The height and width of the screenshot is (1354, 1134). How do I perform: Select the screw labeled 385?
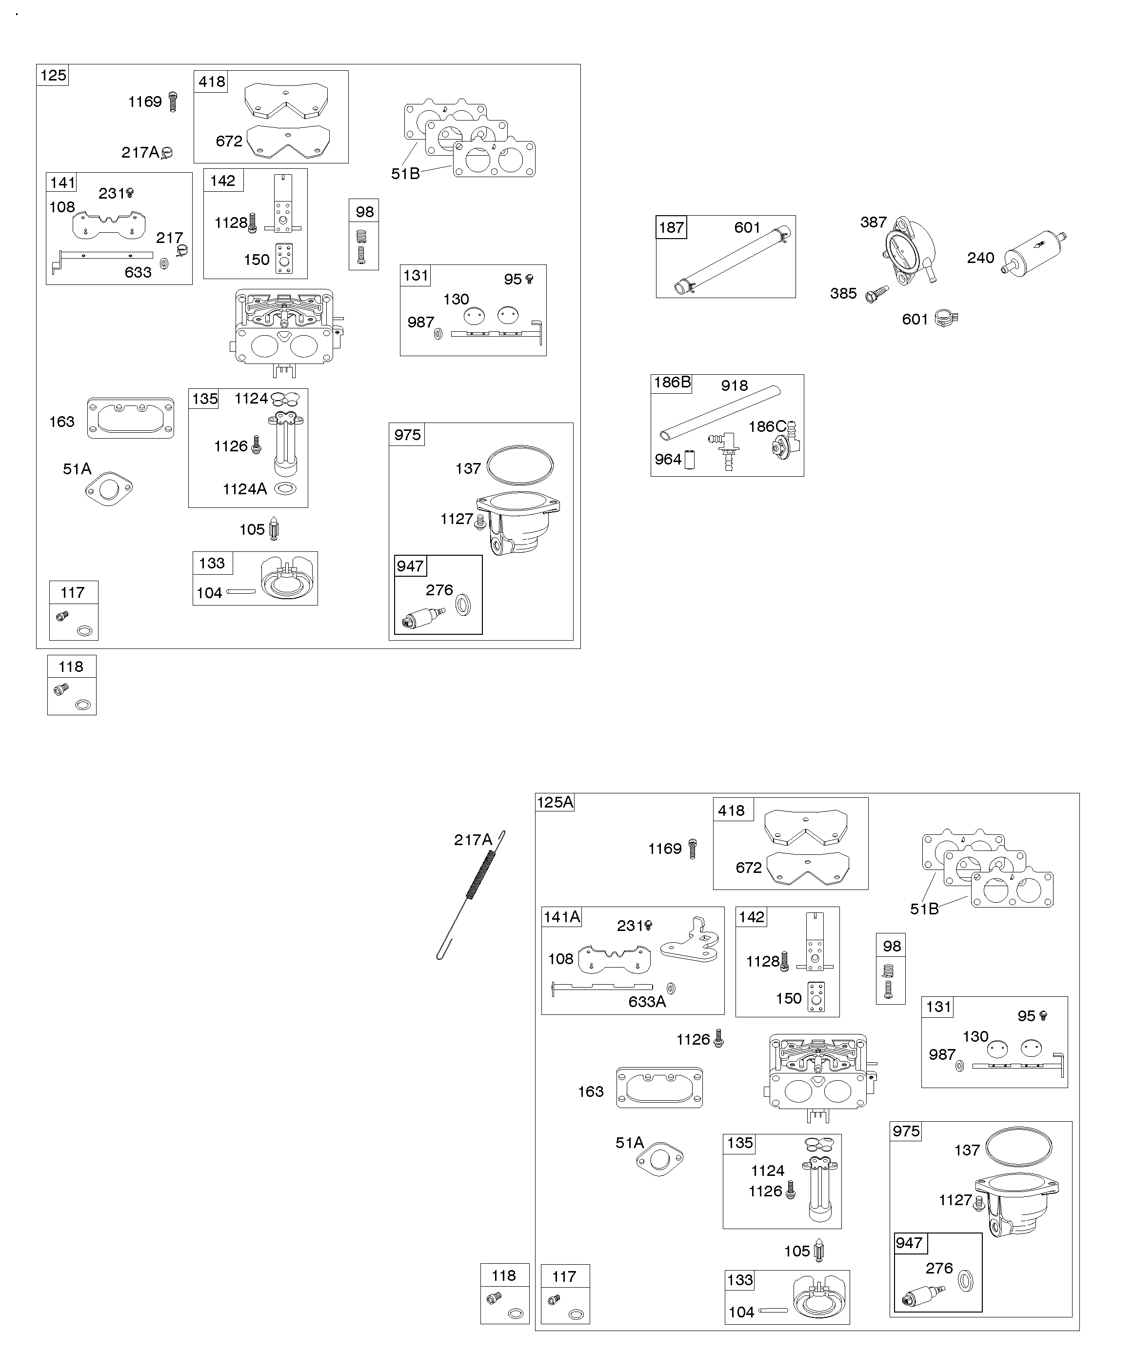click(876, 294)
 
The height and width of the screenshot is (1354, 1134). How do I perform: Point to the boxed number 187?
click(671, 227)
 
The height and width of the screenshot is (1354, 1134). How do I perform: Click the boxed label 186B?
click(672, 383)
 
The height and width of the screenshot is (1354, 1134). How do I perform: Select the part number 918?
click(735, 385)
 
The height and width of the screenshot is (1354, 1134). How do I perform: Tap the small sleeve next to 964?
click(689, 460)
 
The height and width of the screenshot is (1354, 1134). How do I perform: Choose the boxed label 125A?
click(555, 802)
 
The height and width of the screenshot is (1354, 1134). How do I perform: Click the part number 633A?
click(647, 1001)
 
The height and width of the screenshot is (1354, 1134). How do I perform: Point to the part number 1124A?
click(244, 489)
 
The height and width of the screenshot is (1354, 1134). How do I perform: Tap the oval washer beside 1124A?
click(285, 489)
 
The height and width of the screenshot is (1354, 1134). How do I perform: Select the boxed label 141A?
click(561, 917)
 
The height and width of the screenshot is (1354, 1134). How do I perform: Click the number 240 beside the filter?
click(980, 258)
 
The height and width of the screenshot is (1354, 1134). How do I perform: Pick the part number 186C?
click(767, 427)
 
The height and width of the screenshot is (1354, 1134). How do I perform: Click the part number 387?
click(873, 222)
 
